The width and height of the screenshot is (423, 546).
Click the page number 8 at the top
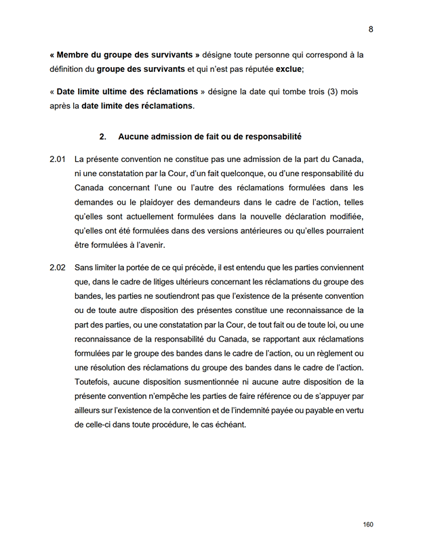tap(371, 29)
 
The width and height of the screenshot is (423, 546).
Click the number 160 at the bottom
tap(368, 524)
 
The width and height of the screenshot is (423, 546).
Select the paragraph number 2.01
tap(57, 159)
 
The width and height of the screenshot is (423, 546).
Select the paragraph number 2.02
tap(57, 268)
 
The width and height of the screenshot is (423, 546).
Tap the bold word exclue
tap(285, 69)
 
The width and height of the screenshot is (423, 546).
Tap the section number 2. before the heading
tap(103, 137)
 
